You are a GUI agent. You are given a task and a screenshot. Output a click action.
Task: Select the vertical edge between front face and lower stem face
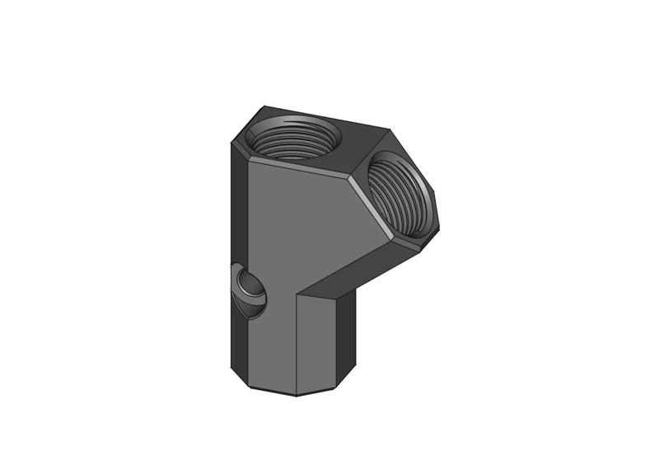coord(296,338)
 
